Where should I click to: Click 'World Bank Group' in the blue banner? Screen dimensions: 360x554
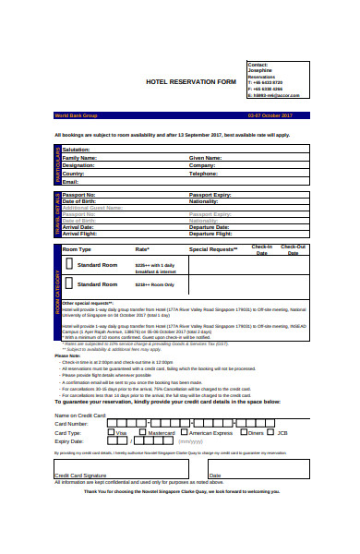(x=75, y=115)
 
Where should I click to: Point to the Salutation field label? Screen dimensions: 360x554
(x=77, y=150)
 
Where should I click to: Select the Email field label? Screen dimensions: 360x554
(x=70, y=181)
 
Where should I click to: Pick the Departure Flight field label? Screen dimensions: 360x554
(x=210, y=235)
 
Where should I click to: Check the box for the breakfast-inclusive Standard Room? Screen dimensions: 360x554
(x=67, y=266)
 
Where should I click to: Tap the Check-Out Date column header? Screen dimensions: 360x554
(x=294, y=250)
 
